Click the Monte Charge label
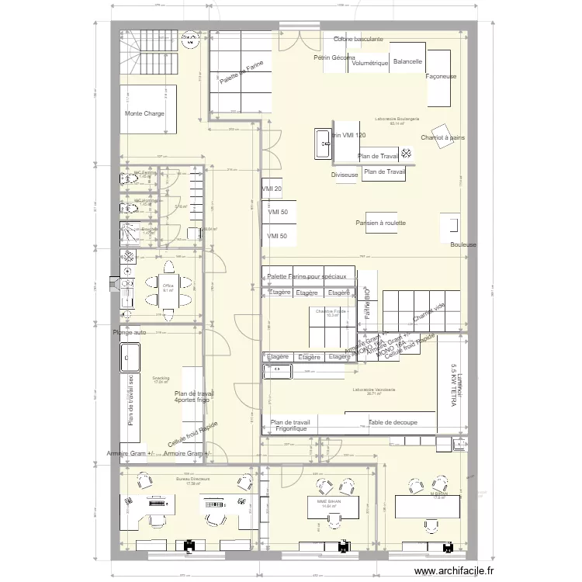click(x=144, y=114)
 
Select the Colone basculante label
click(x=358, y=39)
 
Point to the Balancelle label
click(x=407, y=61)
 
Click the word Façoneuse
click(x=442, y=77)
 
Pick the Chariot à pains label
click(x=443, y=137)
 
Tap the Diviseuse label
click(x=345, y=175)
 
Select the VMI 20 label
click(x=272, y=189)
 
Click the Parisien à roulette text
click(x=381, y=223)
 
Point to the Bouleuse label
click(x=463, y=244)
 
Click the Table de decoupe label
click(x=393, y=422)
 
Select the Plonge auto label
click(x=129, y=332)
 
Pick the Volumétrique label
click(x=369, y=64)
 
